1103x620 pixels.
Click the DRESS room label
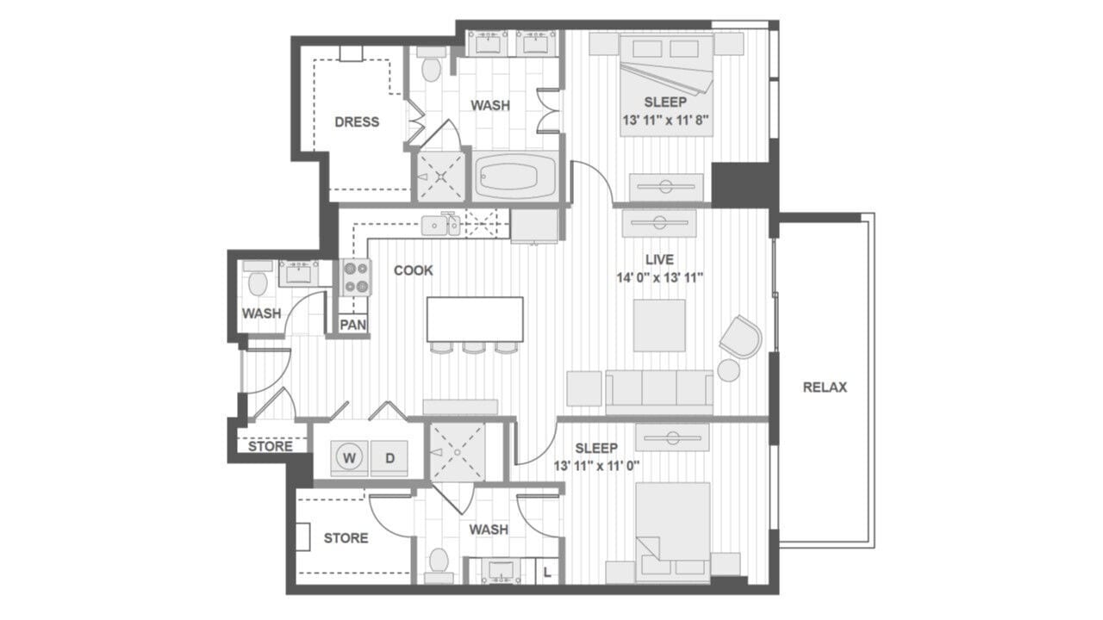coord(357,122)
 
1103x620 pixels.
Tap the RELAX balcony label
coord(825,387)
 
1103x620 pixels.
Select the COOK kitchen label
coord(414,270)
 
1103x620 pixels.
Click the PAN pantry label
coord(352,325)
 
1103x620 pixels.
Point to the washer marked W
coord(349,459)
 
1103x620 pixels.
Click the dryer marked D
coord(389,459)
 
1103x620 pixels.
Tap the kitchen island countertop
coord(475,318)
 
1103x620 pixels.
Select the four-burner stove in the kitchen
coord(356,277)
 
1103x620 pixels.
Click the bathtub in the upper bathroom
coord(514,177)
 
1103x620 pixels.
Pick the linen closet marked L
coord(547,571)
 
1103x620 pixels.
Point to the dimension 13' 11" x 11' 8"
coord(666,121)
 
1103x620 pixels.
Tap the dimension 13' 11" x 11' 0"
coord(596,466)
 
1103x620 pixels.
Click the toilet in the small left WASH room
coord(256,282)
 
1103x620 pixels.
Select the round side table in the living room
coord(729,370)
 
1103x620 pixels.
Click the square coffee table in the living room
coord(659,325)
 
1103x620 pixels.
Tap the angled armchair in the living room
coord(740,336)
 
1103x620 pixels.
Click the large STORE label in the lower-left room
coord(346,538)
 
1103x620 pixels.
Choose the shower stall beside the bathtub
coord(440,177)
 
